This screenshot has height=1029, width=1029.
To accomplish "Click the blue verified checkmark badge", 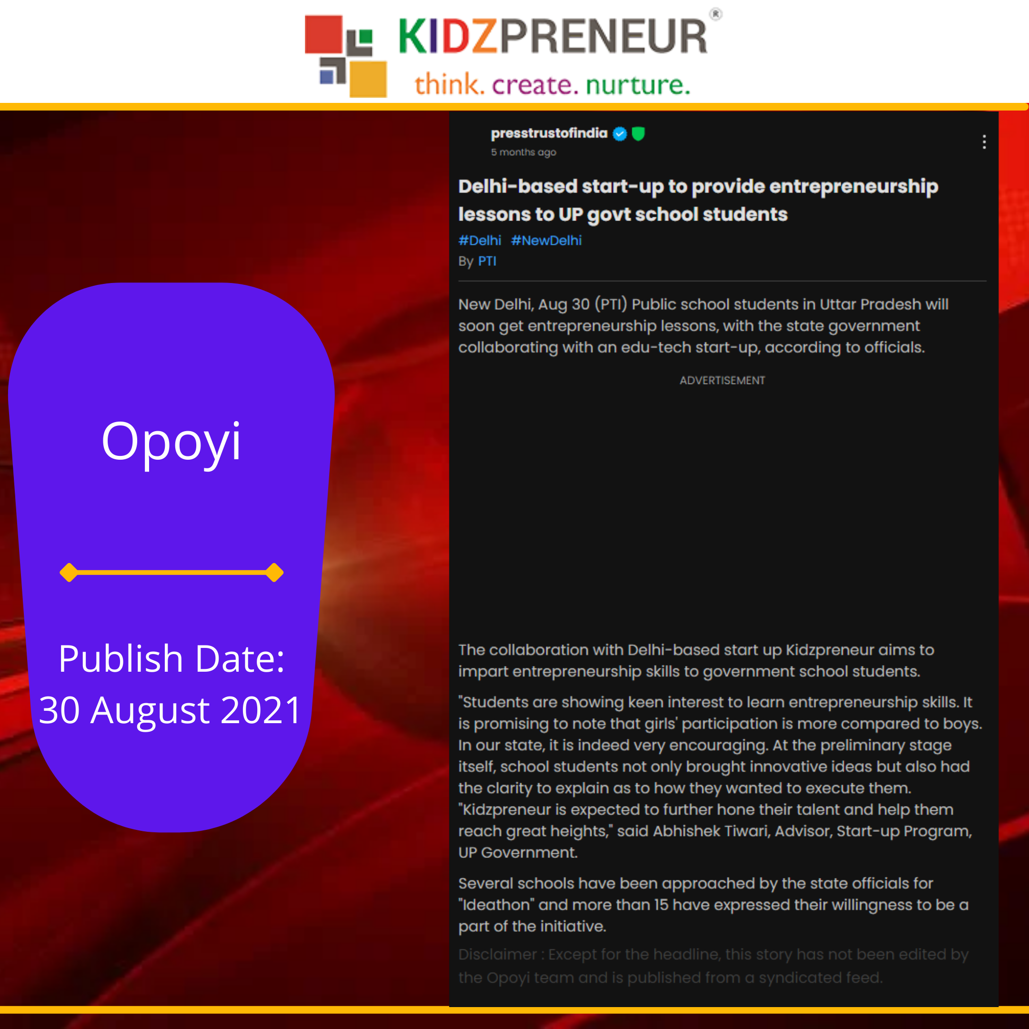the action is (619, 134).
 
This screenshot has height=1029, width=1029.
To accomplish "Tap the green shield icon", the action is (638, 134).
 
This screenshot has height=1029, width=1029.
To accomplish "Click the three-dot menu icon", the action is (984, 141).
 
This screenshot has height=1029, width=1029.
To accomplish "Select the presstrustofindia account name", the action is (549, 133).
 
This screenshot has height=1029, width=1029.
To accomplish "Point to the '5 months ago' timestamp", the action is (523, 152).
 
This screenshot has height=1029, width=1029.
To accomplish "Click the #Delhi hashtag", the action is (479, 241).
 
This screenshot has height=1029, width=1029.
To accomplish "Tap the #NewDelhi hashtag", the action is (546, 241).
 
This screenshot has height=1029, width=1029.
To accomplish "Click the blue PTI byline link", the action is (487, 261).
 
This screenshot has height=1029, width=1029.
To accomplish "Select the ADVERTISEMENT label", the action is (722, 380).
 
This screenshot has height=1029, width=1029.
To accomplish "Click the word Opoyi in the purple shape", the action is (171, 442).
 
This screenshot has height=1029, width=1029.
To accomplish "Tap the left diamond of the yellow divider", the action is (69, 573).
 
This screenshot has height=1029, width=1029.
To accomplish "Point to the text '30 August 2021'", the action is (171, 710).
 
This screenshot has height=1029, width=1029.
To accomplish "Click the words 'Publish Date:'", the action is (171, 659).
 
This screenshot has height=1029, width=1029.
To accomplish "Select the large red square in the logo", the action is (323, 35).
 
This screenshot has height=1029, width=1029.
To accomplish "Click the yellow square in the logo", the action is (368, 80).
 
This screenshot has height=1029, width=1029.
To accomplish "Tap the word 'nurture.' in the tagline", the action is (638, 85).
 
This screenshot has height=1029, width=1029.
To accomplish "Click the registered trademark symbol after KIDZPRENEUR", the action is (716, 14).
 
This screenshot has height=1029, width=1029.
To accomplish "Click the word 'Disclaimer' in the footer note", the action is (497, 954).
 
